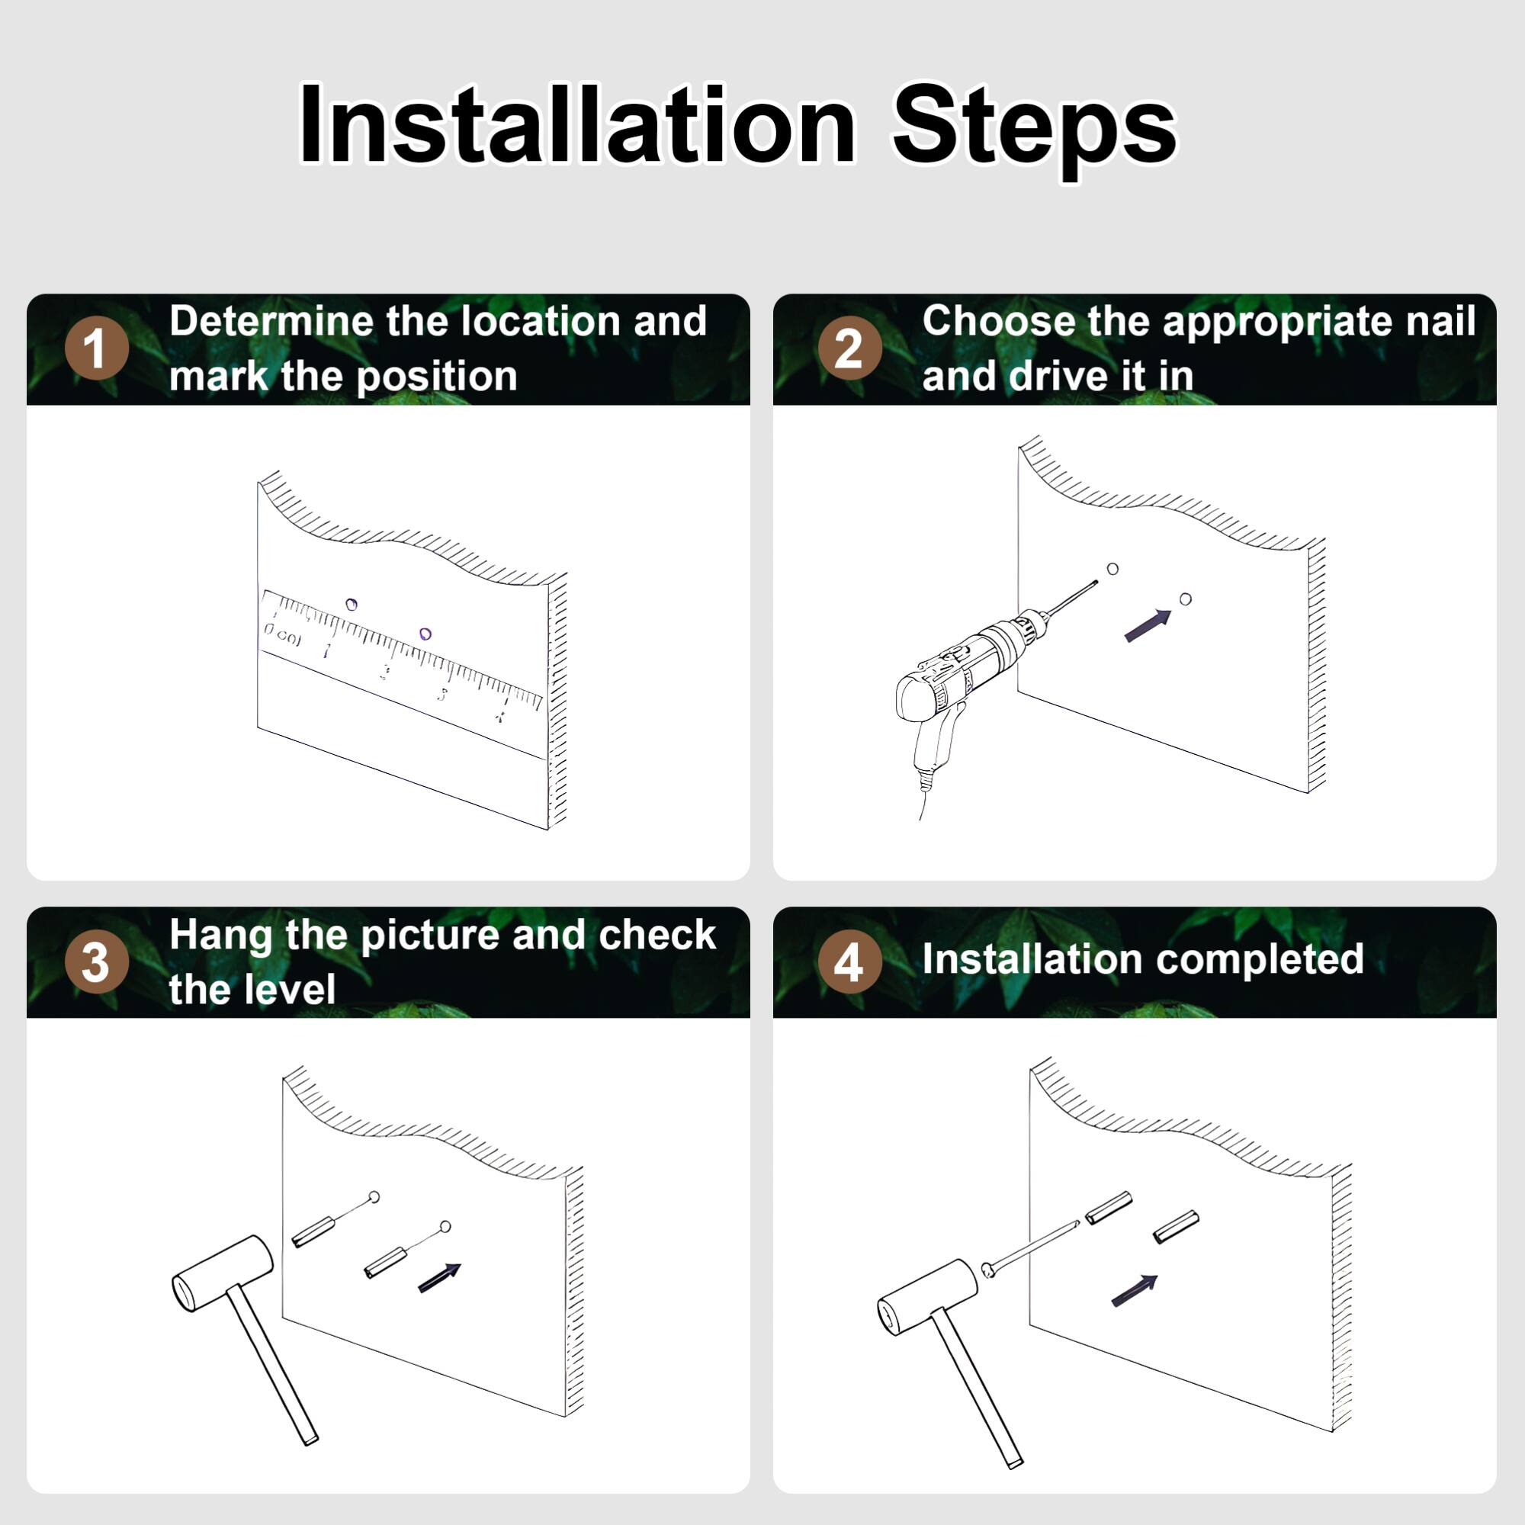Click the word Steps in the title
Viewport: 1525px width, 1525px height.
click(1034, 127)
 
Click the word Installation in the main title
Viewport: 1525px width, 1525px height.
click(576, 127)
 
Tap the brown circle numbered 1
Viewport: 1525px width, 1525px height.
click(96, 348)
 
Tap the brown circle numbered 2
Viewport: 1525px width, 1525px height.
click(849, 348)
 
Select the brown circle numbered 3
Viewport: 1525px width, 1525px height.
click(96, 962)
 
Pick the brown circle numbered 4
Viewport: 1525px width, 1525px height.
click(849, 962)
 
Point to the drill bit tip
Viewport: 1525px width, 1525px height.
click(1096, 583)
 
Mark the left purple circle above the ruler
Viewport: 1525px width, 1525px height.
click(352, 605)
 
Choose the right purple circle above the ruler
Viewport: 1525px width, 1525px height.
click(425, 634)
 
